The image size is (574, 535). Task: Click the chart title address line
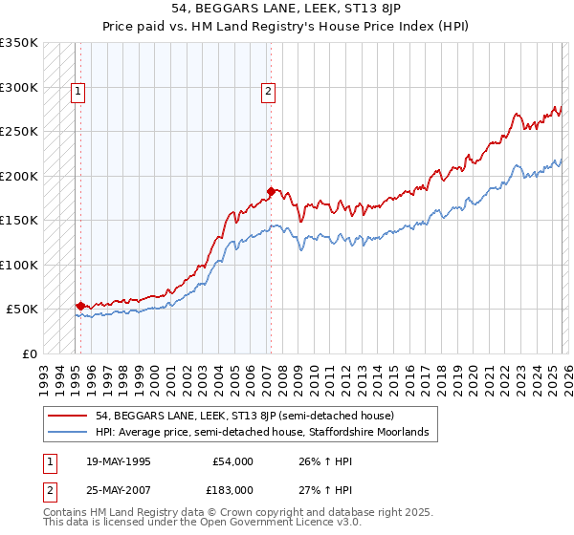[286, 9]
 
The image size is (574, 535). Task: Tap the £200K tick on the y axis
[19, 177]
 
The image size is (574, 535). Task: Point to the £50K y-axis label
[22, 310]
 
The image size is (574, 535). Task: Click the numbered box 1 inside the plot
[77, 93]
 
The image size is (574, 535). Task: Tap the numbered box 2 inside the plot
[268, 93]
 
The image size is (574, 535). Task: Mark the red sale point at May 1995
[80, 306]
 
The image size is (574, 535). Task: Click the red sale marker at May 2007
[271, 191]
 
